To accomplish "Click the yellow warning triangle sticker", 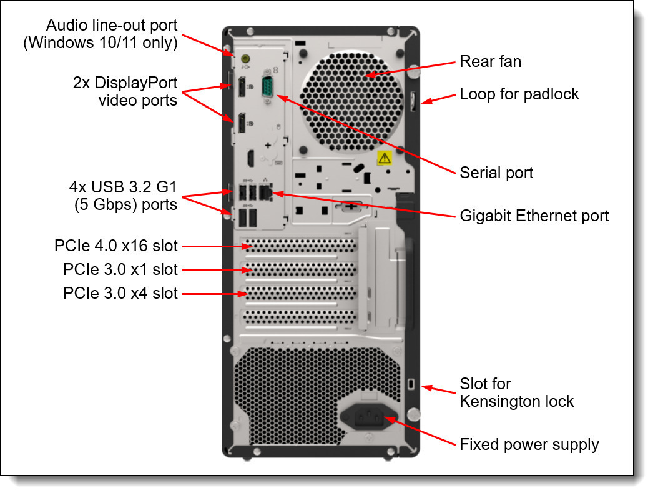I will pyautogui.click(x=385, y=157).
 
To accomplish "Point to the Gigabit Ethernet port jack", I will pyautogui.click(x=269, y=193).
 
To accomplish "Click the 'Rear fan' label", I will pyautogui.click(x=490, y=61).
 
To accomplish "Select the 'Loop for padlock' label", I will pyautogui.click(x=519, y=94).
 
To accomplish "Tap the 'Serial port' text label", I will pyautogui.click(x=496, y=172).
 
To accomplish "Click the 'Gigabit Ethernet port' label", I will pyautogui.click(x=534, y=216).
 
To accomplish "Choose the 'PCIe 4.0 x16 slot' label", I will pyautogui.click(x=116, y=246).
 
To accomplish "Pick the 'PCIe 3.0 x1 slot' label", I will pyautogui.click(x=120, y=270).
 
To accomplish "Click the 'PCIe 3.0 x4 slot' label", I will pyautogui.click(x=120, y=293).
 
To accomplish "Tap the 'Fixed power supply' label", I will pyautogui.click(x=529, y=445).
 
